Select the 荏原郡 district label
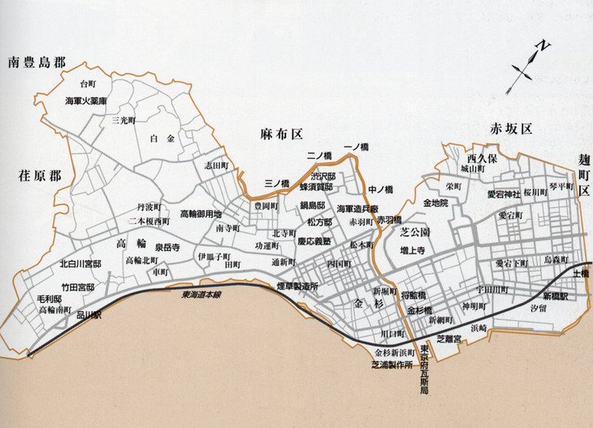click(x=39, y=175)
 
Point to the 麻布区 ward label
click(x=281, y=133)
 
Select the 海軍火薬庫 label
click(x=86, y=101)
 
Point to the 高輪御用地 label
click(x=200, y=212)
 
